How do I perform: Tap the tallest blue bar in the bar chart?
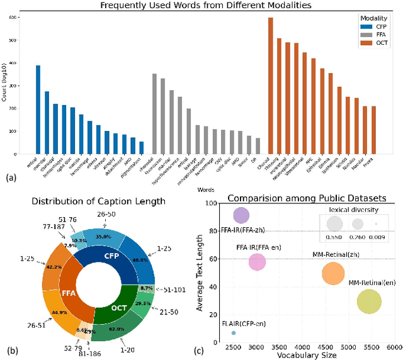click(38, 110)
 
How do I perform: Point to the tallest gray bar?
click(154, 114)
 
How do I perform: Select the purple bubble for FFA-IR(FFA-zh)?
click(241, 216)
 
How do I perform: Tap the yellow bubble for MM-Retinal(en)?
click(369, 302)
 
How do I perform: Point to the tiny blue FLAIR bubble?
click(234, 332)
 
